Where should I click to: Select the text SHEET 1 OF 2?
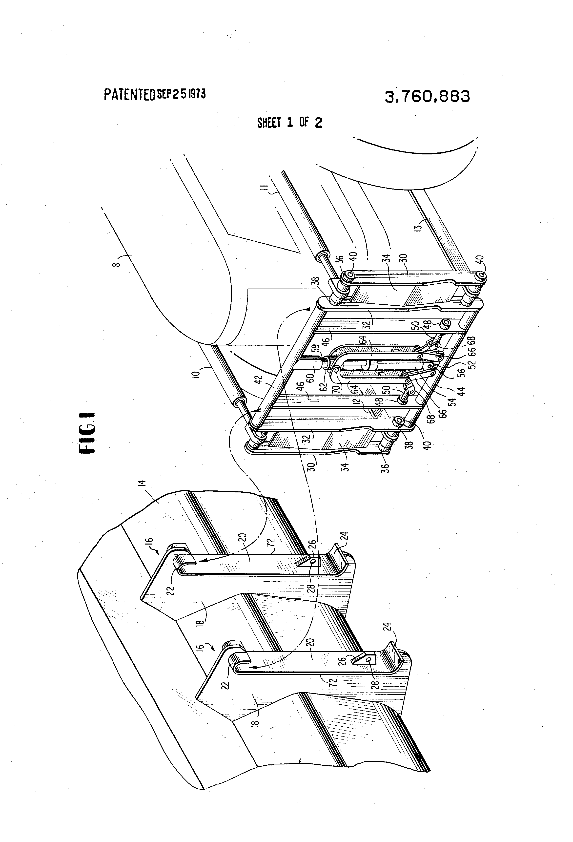click(x=289, y=123)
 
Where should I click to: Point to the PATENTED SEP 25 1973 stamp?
click(x=155, y=94)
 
